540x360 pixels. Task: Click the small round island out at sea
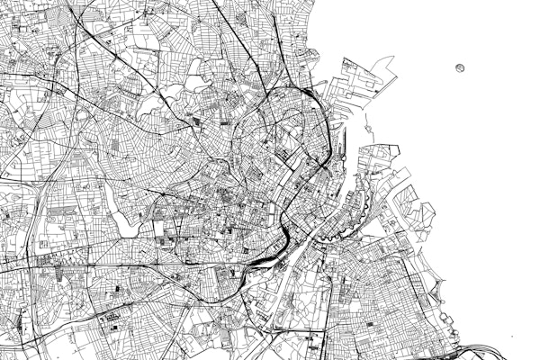461,67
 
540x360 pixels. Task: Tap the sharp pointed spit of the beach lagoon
441,287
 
